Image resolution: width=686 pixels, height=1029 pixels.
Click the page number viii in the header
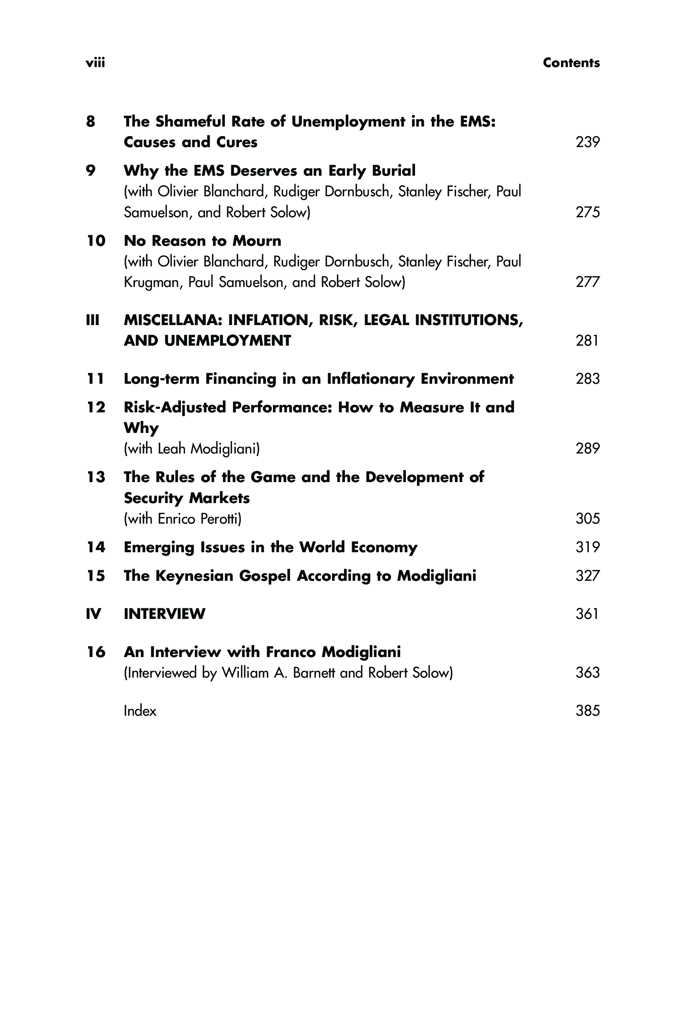(x=95, y=63)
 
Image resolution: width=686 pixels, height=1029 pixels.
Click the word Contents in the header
(x=571, y=63)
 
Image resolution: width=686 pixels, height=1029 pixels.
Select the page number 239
(x=587, y=142)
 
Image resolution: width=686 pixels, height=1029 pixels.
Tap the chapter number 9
(x=91, y=171)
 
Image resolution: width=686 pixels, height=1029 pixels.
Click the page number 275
(x=587, y=212)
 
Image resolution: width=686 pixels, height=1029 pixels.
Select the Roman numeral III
(x=93, y=320)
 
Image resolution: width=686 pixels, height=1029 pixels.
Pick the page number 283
(x=587, y=379)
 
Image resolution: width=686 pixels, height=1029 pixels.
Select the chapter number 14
(x=96, y=547)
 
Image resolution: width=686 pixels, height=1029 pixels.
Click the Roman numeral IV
(x=94, y=614)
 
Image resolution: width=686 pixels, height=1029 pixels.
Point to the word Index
(x=140, y=711)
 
